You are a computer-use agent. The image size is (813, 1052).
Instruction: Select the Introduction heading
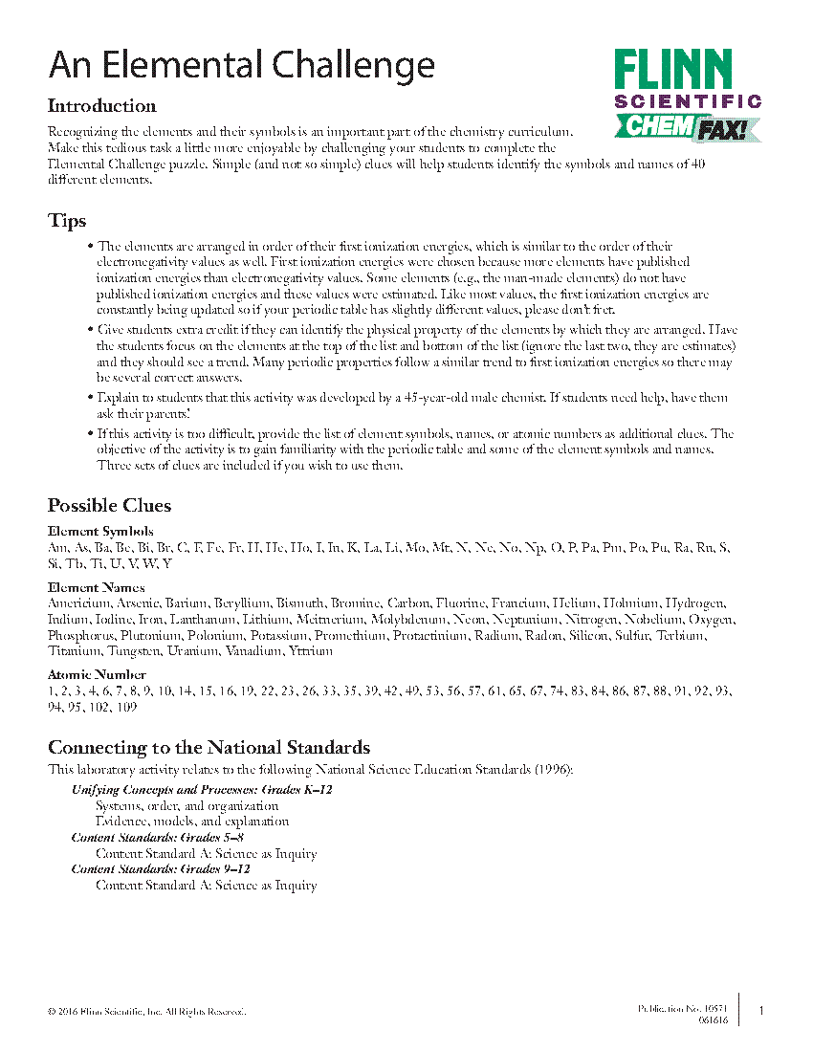102,106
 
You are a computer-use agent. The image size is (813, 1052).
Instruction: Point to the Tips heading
67,221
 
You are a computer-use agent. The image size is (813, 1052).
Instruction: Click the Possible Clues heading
110,505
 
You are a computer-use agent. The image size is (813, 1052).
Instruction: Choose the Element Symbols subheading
100,531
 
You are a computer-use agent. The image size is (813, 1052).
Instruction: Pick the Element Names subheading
97,587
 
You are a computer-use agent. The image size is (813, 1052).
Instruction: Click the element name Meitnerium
271,620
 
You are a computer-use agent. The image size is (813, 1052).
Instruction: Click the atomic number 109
126,707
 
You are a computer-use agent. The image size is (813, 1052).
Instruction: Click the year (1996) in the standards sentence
553,769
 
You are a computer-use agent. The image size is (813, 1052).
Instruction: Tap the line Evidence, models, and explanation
192,821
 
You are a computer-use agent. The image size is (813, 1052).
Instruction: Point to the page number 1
761,1011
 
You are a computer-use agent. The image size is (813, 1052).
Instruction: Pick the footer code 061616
713,1020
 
